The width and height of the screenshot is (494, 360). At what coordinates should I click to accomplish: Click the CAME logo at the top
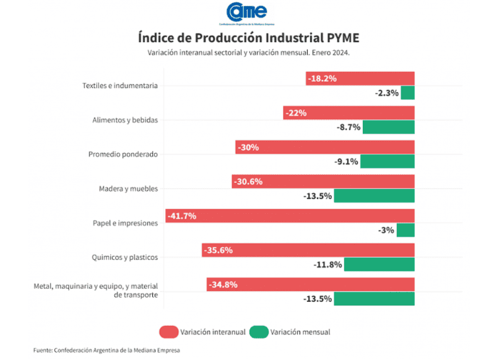point(246,12)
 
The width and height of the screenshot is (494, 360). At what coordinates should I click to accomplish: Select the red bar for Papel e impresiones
point(290,216)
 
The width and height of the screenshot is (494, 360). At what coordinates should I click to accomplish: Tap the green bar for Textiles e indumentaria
point(407,93)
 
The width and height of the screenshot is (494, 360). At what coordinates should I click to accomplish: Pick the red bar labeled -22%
point(349,113)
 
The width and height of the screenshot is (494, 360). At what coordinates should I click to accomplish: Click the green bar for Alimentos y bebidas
point(388,127)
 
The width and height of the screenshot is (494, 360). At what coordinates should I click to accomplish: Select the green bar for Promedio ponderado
point(387,162)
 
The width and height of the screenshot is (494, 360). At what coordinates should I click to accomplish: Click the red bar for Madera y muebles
point(323,182)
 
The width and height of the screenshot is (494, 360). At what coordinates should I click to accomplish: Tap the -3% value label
point(386,230)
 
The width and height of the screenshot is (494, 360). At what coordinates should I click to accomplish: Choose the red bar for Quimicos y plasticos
point(308,250)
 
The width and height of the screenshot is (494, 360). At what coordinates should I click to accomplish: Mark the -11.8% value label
point(327,265)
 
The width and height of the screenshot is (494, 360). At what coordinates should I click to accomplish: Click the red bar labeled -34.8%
point(310,285)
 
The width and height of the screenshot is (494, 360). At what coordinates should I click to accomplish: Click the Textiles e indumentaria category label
point(120,86)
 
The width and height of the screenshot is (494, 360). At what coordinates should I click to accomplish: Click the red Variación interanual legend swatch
point(168,332)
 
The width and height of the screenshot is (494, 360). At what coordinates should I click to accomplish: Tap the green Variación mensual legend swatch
point(259,332)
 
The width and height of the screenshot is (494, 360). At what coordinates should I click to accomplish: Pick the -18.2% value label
point(323,79)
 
